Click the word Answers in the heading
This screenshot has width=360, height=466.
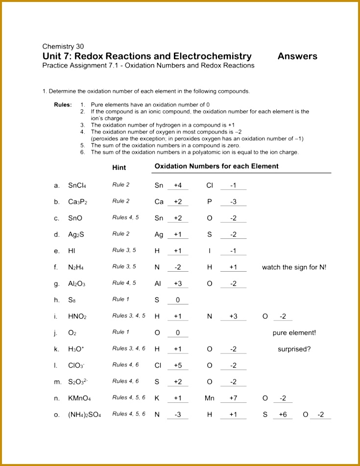297,56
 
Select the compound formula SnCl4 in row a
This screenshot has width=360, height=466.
77,186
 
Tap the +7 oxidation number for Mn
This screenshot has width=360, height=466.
233,398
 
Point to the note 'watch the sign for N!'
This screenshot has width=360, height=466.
294,267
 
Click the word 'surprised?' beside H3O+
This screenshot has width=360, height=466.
294,349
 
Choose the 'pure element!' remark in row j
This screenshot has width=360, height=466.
294,333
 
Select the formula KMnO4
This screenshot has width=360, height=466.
79,398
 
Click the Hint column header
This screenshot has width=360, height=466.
119,167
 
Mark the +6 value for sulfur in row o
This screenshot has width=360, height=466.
283,415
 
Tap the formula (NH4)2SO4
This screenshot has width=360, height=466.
84,415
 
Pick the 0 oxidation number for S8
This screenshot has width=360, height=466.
178,300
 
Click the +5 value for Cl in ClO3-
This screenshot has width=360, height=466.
178,366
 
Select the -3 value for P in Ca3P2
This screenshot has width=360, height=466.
233,202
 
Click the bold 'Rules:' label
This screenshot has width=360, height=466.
63,105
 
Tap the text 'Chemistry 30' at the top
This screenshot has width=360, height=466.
63,47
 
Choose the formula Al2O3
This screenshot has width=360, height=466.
76,284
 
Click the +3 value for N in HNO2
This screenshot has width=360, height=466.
233,317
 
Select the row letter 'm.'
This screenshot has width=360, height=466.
58,382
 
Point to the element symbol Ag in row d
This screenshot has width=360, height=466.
159,234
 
